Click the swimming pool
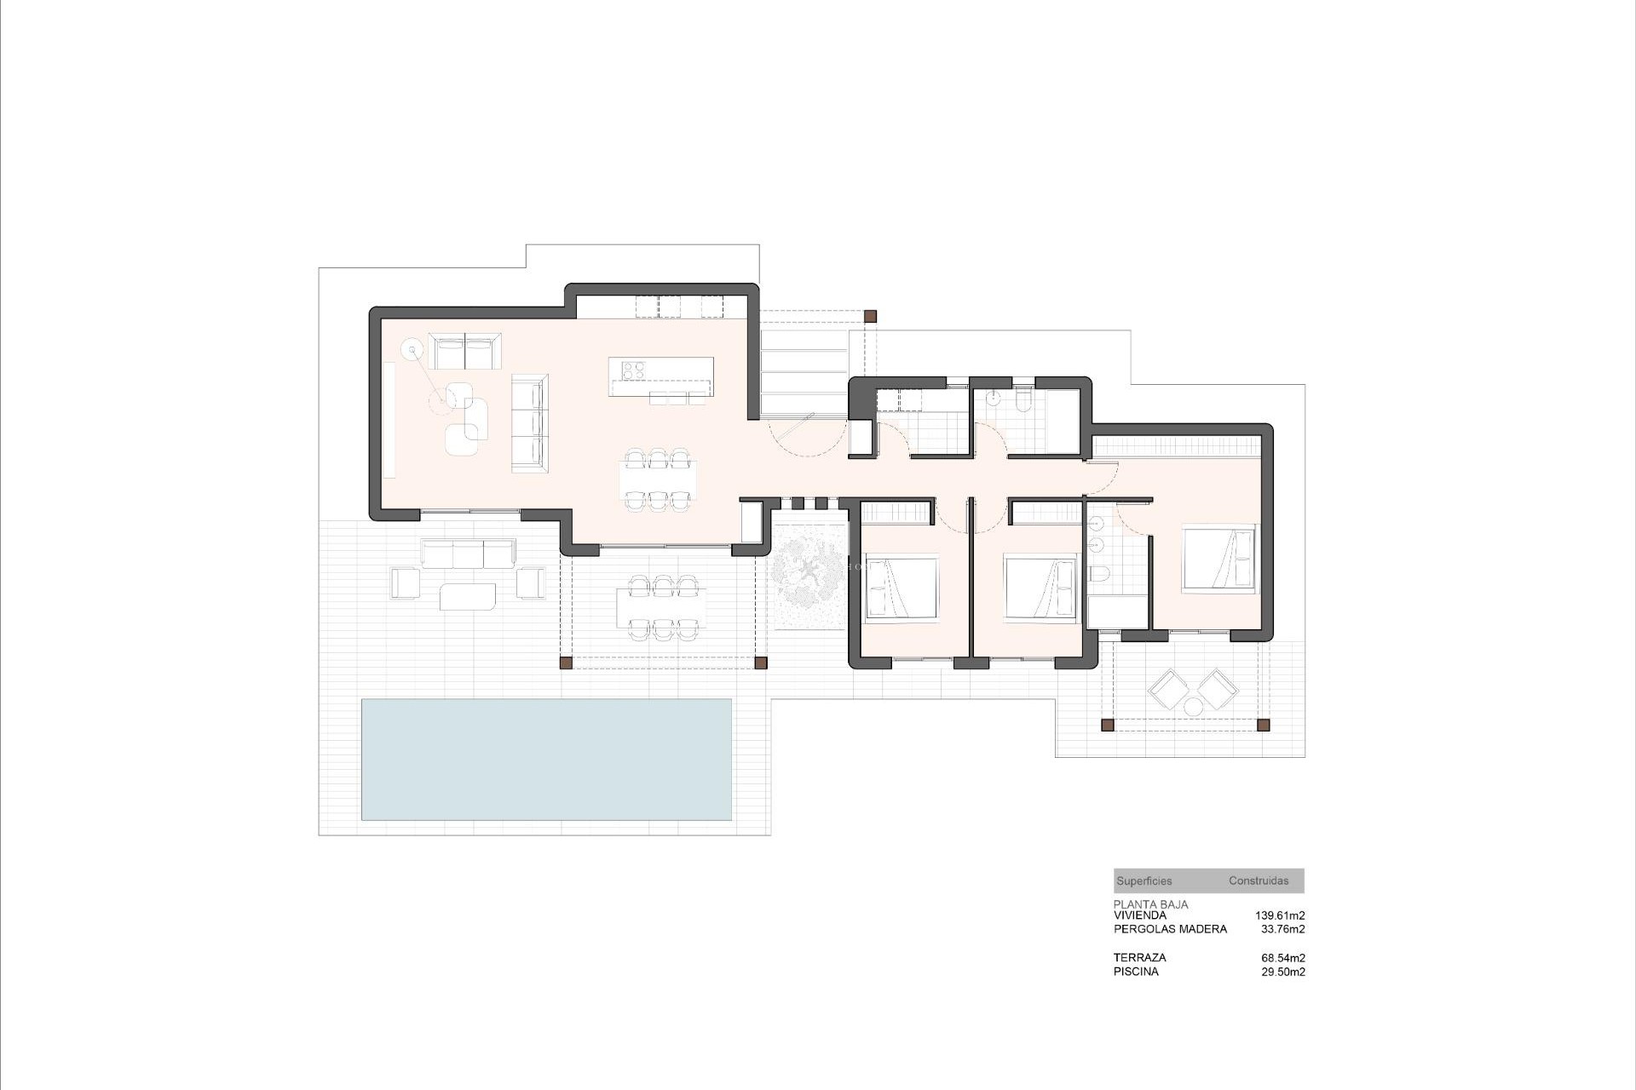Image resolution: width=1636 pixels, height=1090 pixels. [546, 759]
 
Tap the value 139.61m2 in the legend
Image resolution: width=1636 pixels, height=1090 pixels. [1280, 915]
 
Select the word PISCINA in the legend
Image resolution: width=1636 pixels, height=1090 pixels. [1136, 972]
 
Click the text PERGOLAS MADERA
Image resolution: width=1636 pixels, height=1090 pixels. [1170, 929]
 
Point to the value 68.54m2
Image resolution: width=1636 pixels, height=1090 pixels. [1283, 957]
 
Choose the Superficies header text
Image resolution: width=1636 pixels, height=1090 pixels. [1144, 881]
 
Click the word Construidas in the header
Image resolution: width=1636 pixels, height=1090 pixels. [1259, 881]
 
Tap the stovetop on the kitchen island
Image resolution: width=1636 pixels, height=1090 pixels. [633, 370]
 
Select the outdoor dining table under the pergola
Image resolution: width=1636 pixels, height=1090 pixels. [662, 607]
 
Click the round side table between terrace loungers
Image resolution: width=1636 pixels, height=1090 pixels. [1192, 706]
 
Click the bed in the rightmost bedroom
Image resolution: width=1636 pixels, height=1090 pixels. [1218, 559]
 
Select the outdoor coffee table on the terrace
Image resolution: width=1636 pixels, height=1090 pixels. [468, 596]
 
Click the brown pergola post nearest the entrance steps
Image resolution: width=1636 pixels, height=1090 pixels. [870, 317]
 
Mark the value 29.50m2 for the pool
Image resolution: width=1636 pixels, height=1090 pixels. [1283, 972]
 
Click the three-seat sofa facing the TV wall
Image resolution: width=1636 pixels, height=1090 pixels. [529, 422]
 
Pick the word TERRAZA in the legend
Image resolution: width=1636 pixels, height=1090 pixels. [1139, 957]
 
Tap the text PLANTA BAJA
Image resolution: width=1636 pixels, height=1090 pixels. [1150, 904]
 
